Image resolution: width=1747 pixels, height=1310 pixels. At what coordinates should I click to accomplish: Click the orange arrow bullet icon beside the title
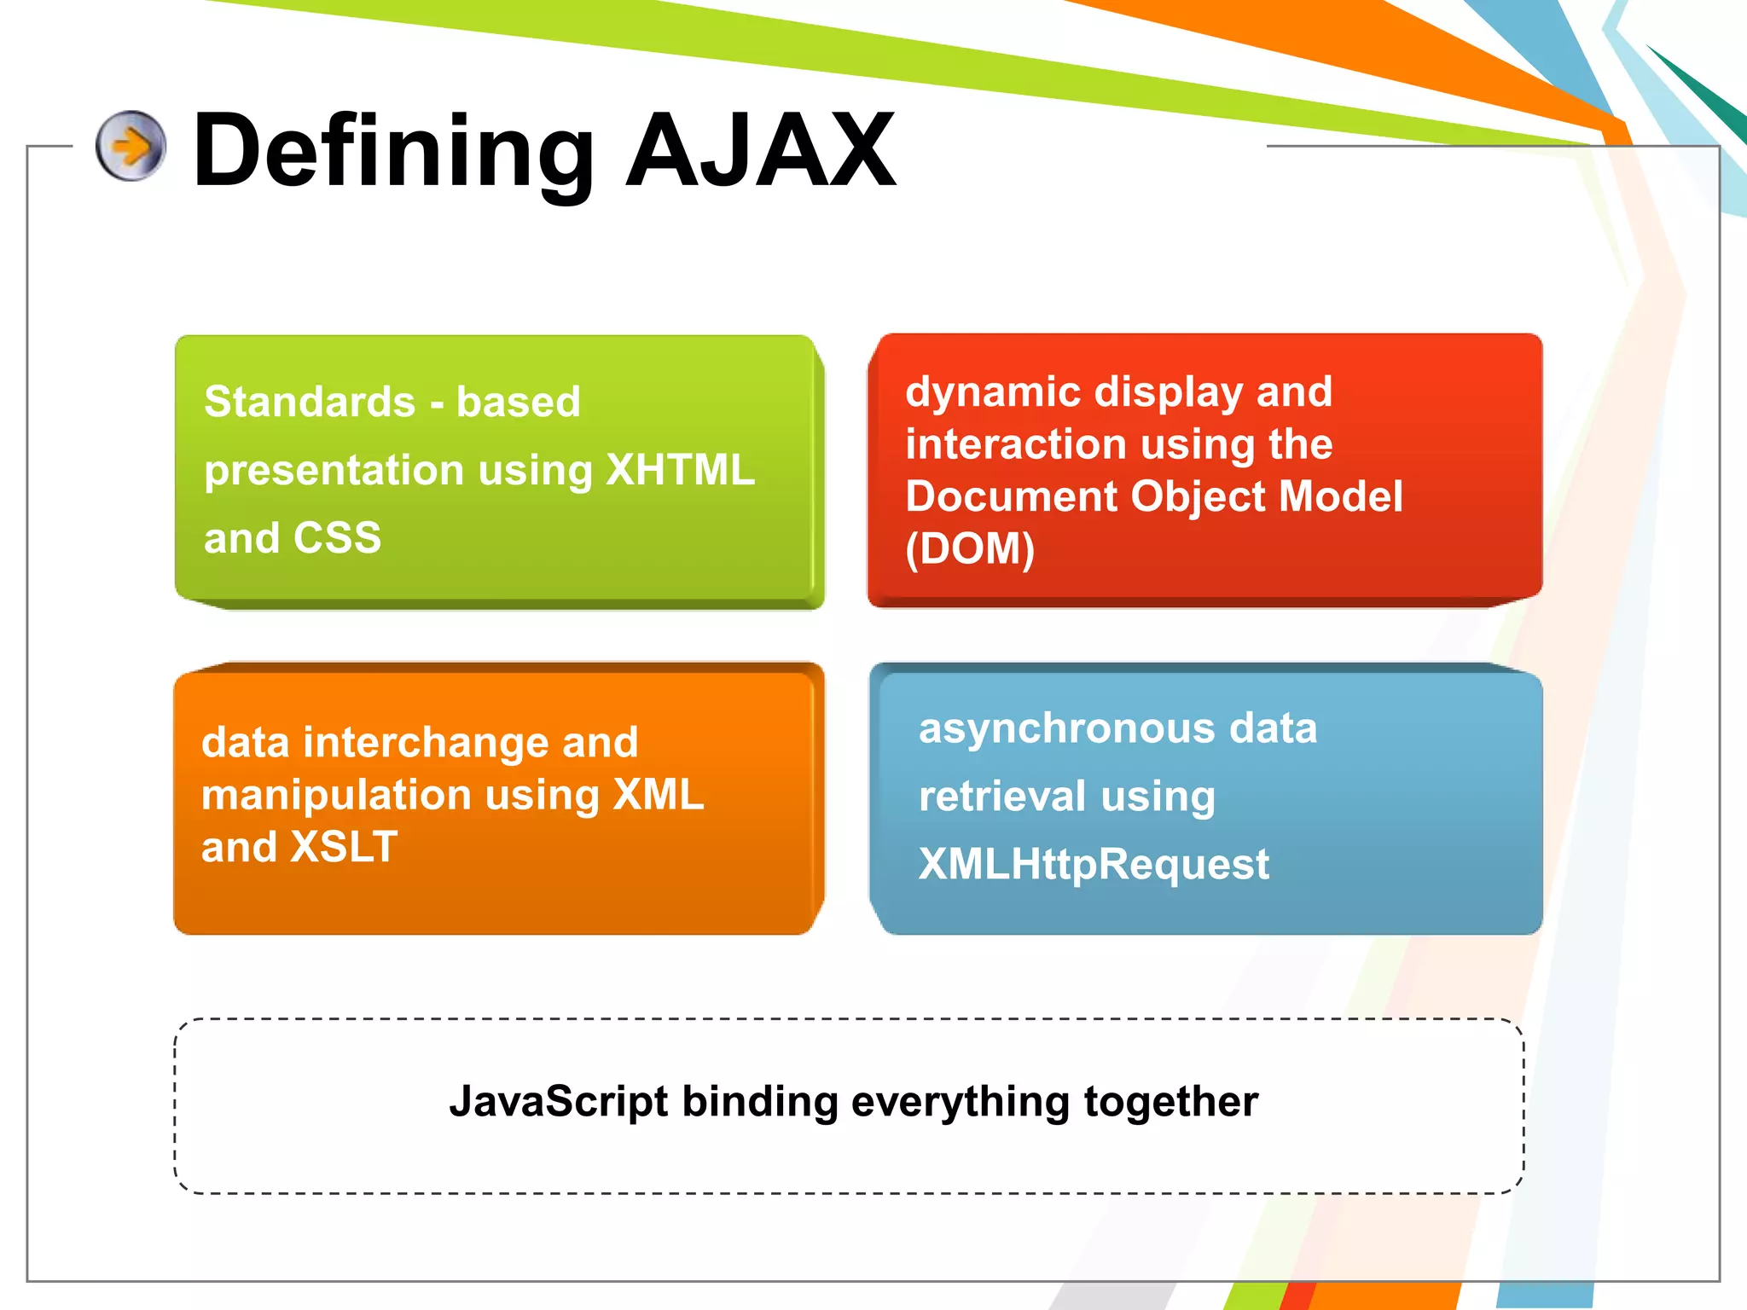tap(131, 146)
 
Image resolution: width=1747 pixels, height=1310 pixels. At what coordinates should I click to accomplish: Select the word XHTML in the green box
tap(680, 469)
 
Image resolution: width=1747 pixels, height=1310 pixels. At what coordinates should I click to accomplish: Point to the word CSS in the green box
tap(337, 538)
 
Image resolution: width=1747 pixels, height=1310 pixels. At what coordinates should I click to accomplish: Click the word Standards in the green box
tap(310, 402)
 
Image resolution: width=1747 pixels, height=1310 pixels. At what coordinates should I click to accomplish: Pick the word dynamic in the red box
tap(990, 392)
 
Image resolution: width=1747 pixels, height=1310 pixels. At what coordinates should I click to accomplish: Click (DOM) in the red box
tap(970, 548)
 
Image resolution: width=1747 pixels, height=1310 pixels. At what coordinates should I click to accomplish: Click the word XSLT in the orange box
tap(344, 847)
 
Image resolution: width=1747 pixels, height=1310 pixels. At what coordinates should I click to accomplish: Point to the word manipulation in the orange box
tap(336, 795)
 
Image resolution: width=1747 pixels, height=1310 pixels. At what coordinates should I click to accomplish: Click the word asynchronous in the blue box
tap(1066, 729)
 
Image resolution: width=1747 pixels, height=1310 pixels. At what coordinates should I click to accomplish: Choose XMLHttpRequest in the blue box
tap(1094, 864)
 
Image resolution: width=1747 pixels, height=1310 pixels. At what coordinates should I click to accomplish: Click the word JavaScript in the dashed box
tap(559, 1101)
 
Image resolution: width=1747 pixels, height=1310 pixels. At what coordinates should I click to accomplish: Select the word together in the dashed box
tap(1171, 1101)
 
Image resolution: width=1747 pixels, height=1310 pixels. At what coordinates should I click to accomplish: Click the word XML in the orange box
tap(659, 795)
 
